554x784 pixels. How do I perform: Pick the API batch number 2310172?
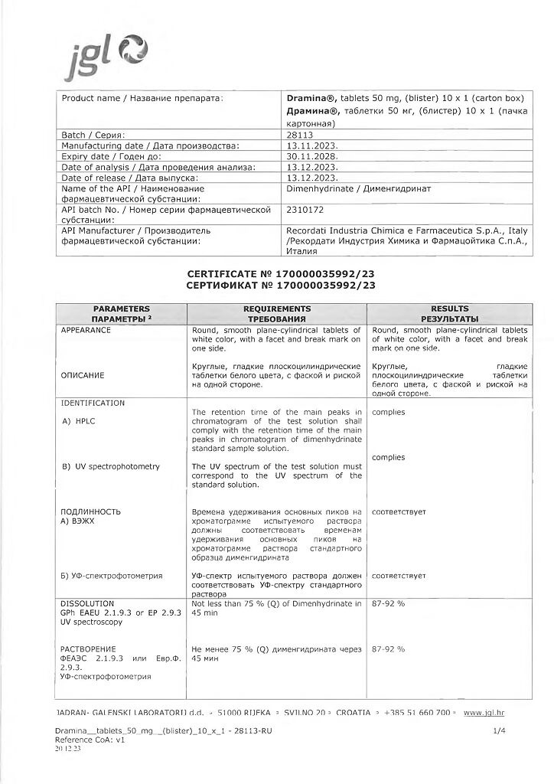[x=305, y=209]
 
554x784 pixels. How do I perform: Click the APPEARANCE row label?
[x=86, y=330]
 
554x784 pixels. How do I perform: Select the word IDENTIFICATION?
[x=93, y=403]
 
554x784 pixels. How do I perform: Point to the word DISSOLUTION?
[x=87, y=603]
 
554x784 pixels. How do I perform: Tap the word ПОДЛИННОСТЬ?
[x=91, y=511]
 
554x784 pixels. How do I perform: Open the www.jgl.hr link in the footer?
[x=484, y=713]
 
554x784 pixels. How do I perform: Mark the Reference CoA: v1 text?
[x=90, y=740]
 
